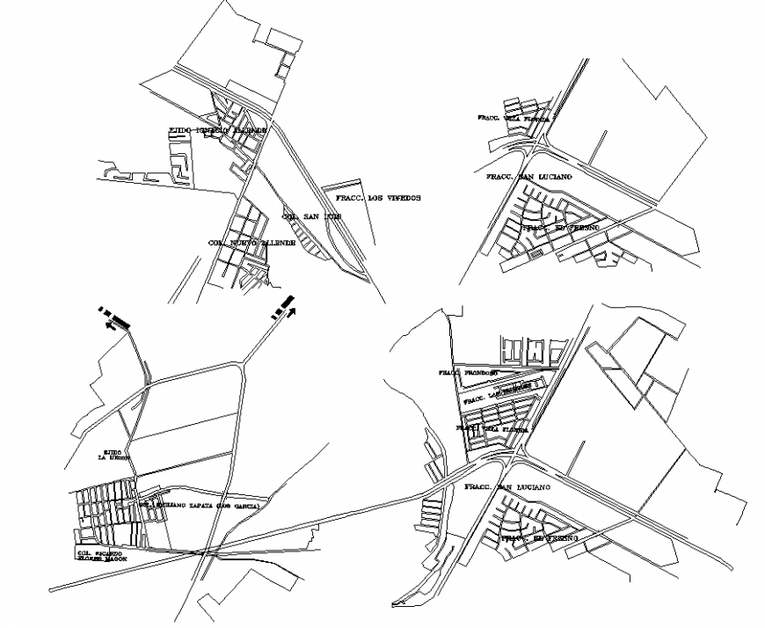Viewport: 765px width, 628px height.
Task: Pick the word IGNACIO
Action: (215, 130)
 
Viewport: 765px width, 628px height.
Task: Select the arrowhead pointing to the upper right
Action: (291, 310)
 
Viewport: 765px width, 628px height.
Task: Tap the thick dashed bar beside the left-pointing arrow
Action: (118, 317)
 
